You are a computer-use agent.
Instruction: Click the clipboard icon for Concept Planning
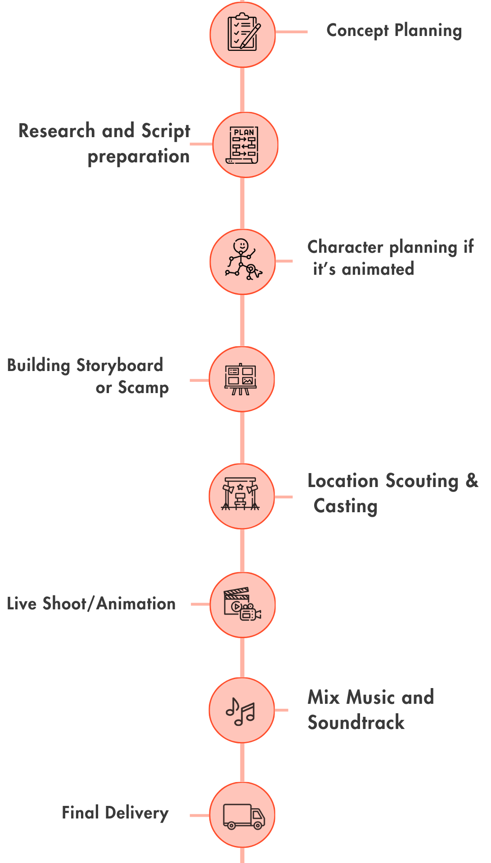[243, 32]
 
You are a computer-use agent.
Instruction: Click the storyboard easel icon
[241, 379]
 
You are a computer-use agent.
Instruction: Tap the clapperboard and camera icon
[242, 604]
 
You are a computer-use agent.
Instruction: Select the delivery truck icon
[244, 816]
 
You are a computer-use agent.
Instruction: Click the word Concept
[358, 31]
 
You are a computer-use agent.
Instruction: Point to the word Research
[57, 131]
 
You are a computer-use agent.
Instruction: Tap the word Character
[346, 247]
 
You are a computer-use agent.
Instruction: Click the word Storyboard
[120, 366]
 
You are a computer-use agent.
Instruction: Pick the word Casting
[346, 506]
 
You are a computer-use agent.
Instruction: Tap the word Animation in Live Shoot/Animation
[136, 604]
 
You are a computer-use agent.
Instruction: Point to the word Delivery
[137, 813]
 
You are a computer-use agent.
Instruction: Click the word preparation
[139, 157]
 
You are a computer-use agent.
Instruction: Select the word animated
[378, 269]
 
